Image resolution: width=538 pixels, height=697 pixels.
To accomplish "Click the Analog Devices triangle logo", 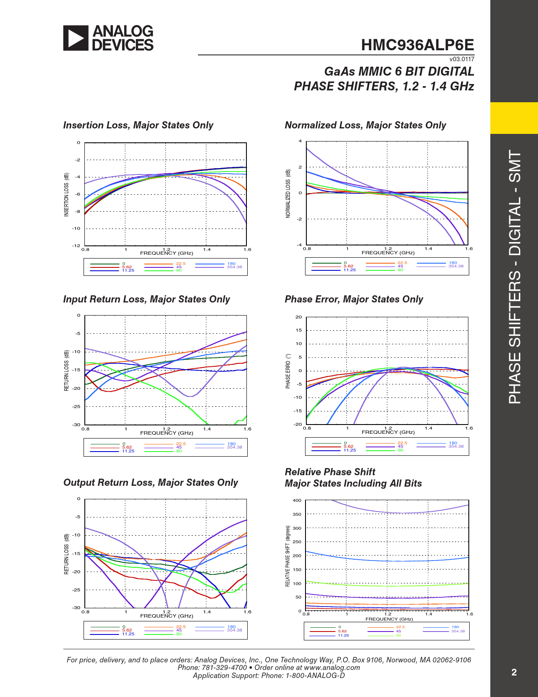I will tap(76, 38).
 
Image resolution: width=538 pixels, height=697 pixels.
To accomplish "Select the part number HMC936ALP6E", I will tap(417, 45).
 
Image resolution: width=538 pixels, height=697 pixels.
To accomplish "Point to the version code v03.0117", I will tap(462, 59).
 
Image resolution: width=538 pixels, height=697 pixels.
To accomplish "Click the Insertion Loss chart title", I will tap(138, 125).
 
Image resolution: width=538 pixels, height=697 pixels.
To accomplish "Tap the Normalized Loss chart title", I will tap(365, 125).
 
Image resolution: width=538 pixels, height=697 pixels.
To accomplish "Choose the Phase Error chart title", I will tap(354, 299).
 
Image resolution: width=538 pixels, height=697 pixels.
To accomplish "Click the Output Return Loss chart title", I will tap(151, 482).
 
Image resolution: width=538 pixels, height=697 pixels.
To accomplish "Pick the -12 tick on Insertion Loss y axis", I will tap(76, 245).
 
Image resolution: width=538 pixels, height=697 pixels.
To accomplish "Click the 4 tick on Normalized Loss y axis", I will tap(300, 141).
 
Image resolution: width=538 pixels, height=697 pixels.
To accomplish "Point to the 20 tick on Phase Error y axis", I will tap(299, 317).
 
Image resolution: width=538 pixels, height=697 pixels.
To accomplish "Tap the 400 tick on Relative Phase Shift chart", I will tap(297, 500).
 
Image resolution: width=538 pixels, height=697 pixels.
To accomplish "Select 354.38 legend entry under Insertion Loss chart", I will tap(234, 267).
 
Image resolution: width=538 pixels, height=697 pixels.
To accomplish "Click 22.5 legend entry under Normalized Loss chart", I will tap(402, 263).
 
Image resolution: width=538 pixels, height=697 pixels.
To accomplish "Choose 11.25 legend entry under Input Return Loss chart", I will tap(128, 451).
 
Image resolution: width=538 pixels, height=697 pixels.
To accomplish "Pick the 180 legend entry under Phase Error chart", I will tap(453, 443).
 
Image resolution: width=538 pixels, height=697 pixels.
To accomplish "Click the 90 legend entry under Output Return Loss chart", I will tap(179, 634).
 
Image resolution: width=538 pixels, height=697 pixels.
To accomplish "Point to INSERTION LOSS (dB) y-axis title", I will tap(66, 194).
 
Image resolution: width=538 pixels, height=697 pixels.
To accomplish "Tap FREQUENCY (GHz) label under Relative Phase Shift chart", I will tap(389, 619).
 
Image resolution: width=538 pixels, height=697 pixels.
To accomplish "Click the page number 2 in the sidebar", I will tap(514, 672).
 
